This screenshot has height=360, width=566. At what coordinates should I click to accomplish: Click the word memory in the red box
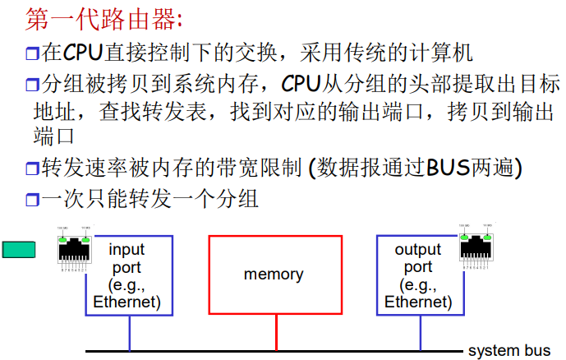pos(274,275)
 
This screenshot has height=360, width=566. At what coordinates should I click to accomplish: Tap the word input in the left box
pos(127,249)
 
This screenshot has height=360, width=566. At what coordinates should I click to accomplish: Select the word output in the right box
pos(418,249)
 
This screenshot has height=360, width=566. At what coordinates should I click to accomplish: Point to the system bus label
pos(509,351)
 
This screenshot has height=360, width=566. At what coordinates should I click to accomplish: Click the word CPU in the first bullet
pos(82,54)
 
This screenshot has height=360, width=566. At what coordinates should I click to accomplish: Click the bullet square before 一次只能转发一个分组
pos(32,200)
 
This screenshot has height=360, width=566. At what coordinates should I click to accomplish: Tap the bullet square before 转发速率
pos(32,170)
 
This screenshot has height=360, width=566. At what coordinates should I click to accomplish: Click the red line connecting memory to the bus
pos(276,332)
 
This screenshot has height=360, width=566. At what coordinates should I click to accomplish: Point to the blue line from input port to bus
pos(129,332)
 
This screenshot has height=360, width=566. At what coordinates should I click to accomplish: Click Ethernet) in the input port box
pos(127,302)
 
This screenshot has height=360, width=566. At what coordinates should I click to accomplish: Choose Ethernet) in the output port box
pos(418,302)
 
